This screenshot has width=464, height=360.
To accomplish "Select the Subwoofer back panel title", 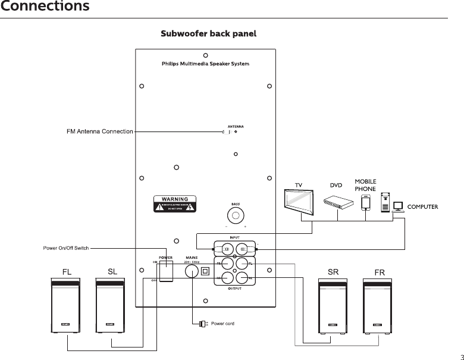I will (208, 34).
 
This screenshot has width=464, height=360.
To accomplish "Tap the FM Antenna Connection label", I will (100, 132).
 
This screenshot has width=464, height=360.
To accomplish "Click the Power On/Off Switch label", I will (65, 248).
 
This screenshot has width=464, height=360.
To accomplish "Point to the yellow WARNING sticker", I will (173, 203).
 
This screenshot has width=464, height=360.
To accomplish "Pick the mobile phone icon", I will (366, 203).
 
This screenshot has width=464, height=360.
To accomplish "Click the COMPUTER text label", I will (422, 207).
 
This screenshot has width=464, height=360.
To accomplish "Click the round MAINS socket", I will (192, 271).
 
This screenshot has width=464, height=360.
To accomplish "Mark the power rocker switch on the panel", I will (166, 271).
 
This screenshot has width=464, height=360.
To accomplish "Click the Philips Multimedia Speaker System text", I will (205, 64).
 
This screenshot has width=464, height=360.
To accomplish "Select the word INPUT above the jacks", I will (235, 237).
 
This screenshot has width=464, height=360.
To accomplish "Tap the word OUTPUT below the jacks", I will (235, 289).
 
